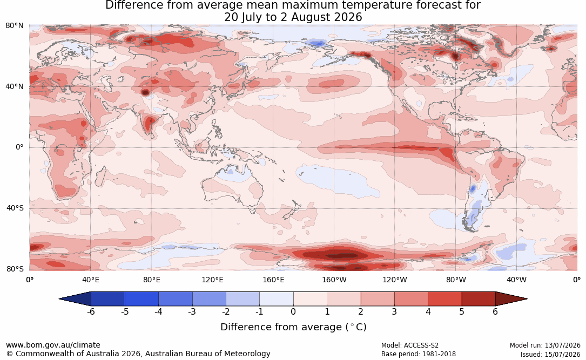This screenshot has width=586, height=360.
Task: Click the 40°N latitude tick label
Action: (x=15, y=87)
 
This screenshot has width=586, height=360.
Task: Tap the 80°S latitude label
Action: (x=15, y=269)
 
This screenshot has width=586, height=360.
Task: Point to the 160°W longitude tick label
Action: (x=334, y=280)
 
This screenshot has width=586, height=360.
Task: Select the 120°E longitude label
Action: (x=212, y=280)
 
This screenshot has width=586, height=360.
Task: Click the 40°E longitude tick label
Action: (x=90, y=280)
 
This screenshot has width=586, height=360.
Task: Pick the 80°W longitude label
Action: (x=456, y=280)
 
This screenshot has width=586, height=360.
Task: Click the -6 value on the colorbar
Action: (x=91, y=311)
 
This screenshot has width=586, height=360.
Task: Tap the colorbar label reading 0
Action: (x=293, y=311)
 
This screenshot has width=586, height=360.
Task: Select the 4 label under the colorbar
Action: (x=428, y=311)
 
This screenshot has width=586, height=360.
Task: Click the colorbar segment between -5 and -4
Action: (x=142, y=299)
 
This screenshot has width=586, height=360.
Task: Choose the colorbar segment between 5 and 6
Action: (x=479, y=299)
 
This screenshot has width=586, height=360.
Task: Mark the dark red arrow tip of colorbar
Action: (x=527, y=299)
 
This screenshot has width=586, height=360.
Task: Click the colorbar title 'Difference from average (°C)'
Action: (x=293, y=327)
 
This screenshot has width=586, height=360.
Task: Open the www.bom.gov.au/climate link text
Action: (x=53, y=345)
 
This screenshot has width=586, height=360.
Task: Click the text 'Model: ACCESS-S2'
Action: (x=410, y=345)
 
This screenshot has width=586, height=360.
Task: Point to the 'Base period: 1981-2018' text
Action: (x=419, y=354)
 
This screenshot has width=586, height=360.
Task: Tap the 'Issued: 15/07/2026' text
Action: (x=550, y=354)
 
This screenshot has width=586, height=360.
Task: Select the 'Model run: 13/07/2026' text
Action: (x=545, y=345)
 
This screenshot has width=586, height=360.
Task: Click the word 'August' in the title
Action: (x=310, y=18)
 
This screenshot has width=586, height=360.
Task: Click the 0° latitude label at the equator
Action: (x=19, y=147)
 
